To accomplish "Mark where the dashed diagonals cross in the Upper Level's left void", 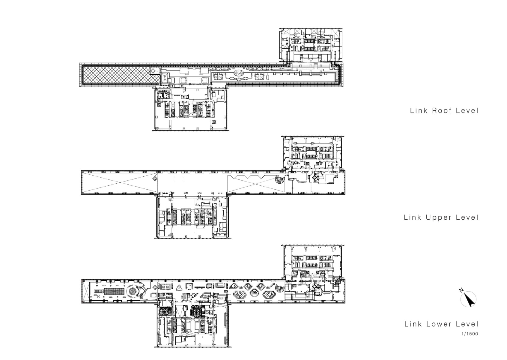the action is coord(120,182).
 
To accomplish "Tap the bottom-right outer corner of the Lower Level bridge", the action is coord(345,303).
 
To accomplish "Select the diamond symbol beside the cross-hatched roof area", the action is coord(153,70).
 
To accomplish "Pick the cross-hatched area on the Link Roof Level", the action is coord(121,75).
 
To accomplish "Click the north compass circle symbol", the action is coord(468,299).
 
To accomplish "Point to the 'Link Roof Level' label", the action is coord(444,111).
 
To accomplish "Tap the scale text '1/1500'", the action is coord(470,334).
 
